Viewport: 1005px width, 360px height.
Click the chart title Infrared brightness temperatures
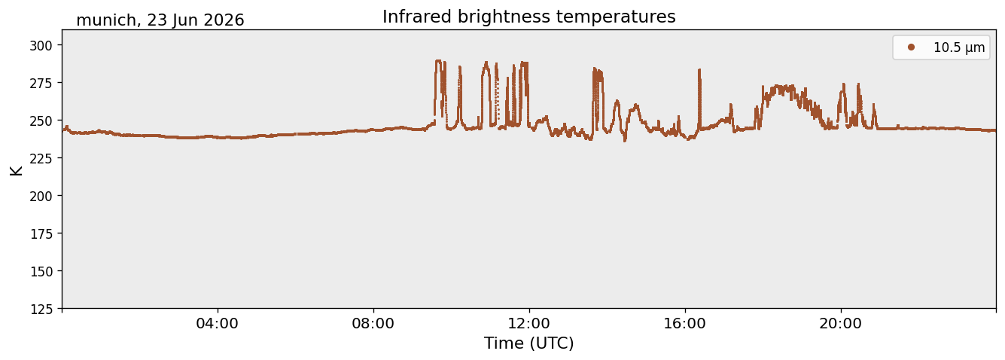[x=529, y=17]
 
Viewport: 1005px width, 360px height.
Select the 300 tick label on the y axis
[x=41, y=45]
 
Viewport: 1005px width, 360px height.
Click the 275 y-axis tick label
[x=41, y=83]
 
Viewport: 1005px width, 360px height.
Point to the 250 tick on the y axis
[x=41, y=121]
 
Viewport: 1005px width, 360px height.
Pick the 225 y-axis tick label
[x=41, y=158]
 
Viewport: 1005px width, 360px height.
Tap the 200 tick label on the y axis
[x=41, y=196]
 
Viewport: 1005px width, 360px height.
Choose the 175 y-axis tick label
[x=41, y=234]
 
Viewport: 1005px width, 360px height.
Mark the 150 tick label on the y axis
[x=41, y=272]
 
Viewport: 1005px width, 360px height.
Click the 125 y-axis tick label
[x=41, y=310]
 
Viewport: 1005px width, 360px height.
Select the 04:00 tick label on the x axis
[x=218, y=323]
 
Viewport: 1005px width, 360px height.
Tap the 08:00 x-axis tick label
[x=373, y=323]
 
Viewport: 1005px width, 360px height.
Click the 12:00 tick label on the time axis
[x=529, y=323]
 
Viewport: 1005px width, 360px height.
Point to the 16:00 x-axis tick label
[x=684, y=323]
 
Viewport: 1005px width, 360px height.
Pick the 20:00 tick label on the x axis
[x=840, y=323]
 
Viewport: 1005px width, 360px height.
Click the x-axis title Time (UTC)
[x=529, y=343]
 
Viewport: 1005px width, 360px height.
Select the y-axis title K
[x=16, y=170]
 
